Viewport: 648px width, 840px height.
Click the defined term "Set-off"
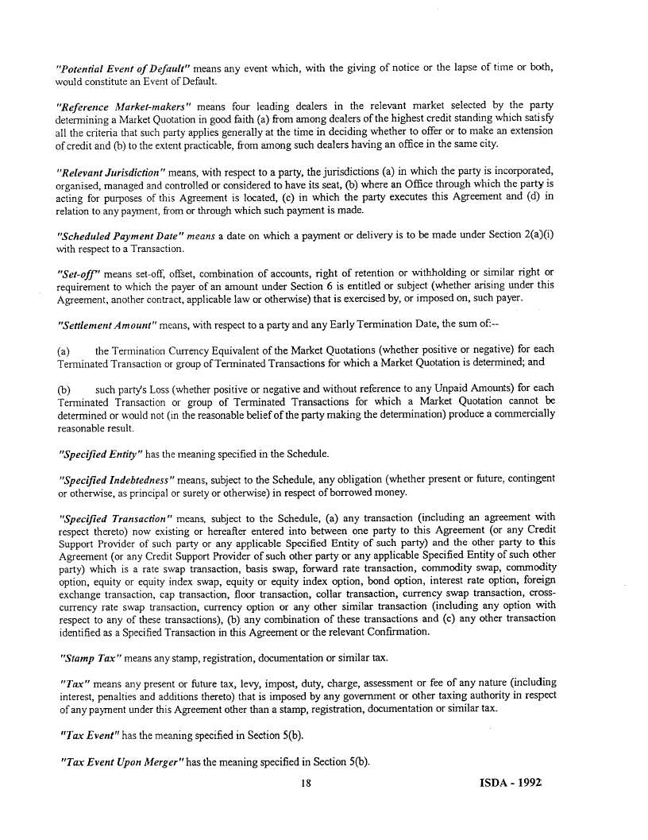pyautogui.click(x=75, y=273)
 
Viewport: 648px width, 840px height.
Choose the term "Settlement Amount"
pyautogui.click(x=107, y=325)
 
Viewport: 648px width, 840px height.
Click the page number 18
pyautogui.click(x=305, y=783)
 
